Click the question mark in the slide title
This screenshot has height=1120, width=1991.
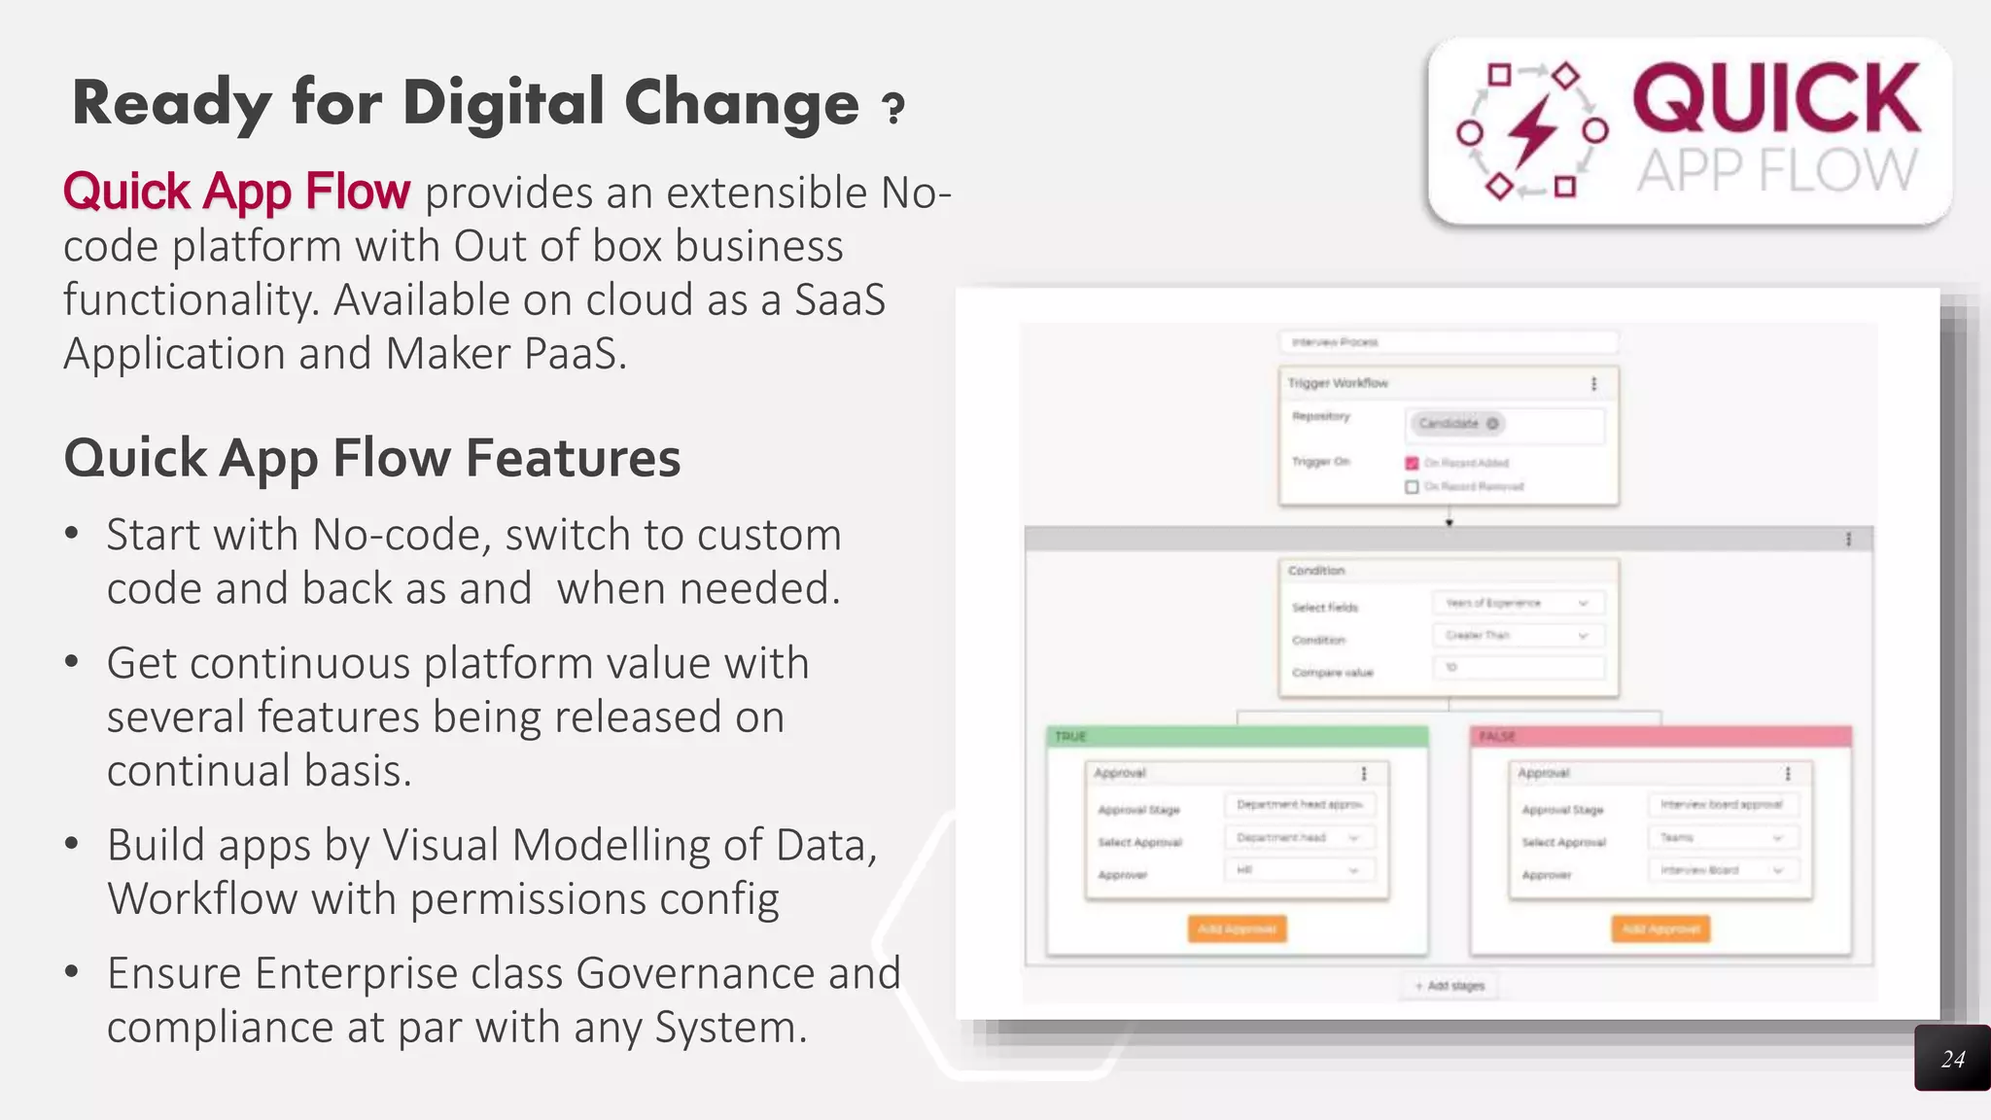(892, 108)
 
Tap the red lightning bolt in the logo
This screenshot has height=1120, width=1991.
(1532, 130)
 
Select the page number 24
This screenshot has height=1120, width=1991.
(1952, 1059)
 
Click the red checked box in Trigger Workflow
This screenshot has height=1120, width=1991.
(1412, 463)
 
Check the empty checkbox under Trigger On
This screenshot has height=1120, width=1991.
(1412, 486)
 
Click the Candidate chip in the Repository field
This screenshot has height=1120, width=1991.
(1455, 423)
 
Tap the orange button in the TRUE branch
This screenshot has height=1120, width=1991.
(1237, 928)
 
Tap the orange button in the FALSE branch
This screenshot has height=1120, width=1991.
(1660, 928)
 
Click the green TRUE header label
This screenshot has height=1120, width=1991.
(1070, 736)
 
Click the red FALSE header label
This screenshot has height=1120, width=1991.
(1497, 736)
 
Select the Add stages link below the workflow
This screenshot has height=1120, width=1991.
(1450, 986)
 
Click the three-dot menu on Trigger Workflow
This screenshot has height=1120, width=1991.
(1593, 383)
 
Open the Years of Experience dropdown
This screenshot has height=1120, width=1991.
(1517, 603)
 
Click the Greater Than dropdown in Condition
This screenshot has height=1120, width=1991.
(1517, 635)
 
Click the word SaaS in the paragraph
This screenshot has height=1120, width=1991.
(839, 299)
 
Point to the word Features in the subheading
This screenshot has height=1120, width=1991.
(573, 458)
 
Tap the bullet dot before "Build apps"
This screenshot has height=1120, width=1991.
(71, 843)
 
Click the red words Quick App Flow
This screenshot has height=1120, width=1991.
(236, 191)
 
